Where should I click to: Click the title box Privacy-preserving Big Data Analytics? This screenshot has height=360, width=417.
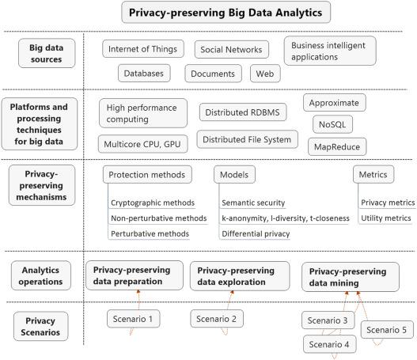point(226,12)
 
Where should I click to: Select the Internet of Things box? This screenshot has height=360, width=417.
point(143,49)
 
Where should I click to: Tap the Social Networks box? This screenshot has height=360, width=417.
point(231,50)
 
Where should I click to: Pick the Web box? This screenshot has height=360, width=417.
point(265,74)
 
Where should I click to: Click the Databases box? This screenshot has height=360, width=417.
point(144,73)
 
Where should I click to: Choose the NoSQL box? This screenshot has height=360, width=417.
point(332,124)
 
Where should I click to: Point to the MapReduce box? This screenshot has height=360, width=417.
point(337,146)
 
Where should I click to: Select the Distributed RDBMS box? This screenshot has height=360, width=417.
point(243,112)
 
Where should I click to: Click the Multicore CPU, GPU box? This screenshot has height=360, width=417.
point(142,144)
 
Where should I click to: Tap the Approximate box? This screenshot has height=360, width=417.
point(334,103)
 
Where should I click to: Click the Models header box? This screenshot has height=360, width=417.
point(234,174)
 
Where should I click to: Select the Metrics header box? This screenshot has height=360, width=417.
point(373,174)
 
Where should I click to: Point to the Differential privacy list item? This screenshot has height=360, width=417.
point(256,233)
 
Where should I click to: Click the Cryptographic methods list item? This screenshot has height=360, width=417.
point(153,203)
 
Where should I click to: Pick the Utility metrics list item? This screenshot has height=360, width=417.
point(386,218)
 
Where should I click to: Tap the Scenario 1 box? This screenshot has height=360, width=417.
point(133,319)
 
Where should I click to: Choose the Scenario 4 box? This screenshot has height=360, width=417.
point(329,344)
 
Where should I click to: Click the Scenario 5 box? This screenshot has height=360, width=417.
point(387,330)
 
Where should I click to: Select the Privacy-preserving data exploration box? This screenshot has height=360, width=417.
point(240,276)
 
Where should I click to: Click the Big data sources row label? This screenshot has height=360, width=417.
point(47,53)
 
